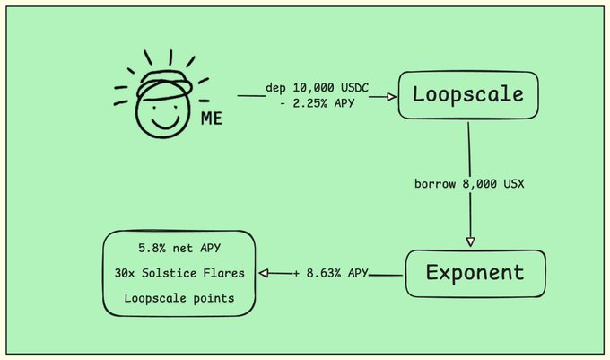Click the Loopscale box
[467, 92]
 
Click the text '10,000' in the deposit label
[314, 88]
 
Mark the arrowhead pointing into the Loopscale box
[392, 95]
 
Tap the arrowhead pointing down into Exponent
[469, 241]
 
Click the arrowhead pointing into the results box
[265, 272]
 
